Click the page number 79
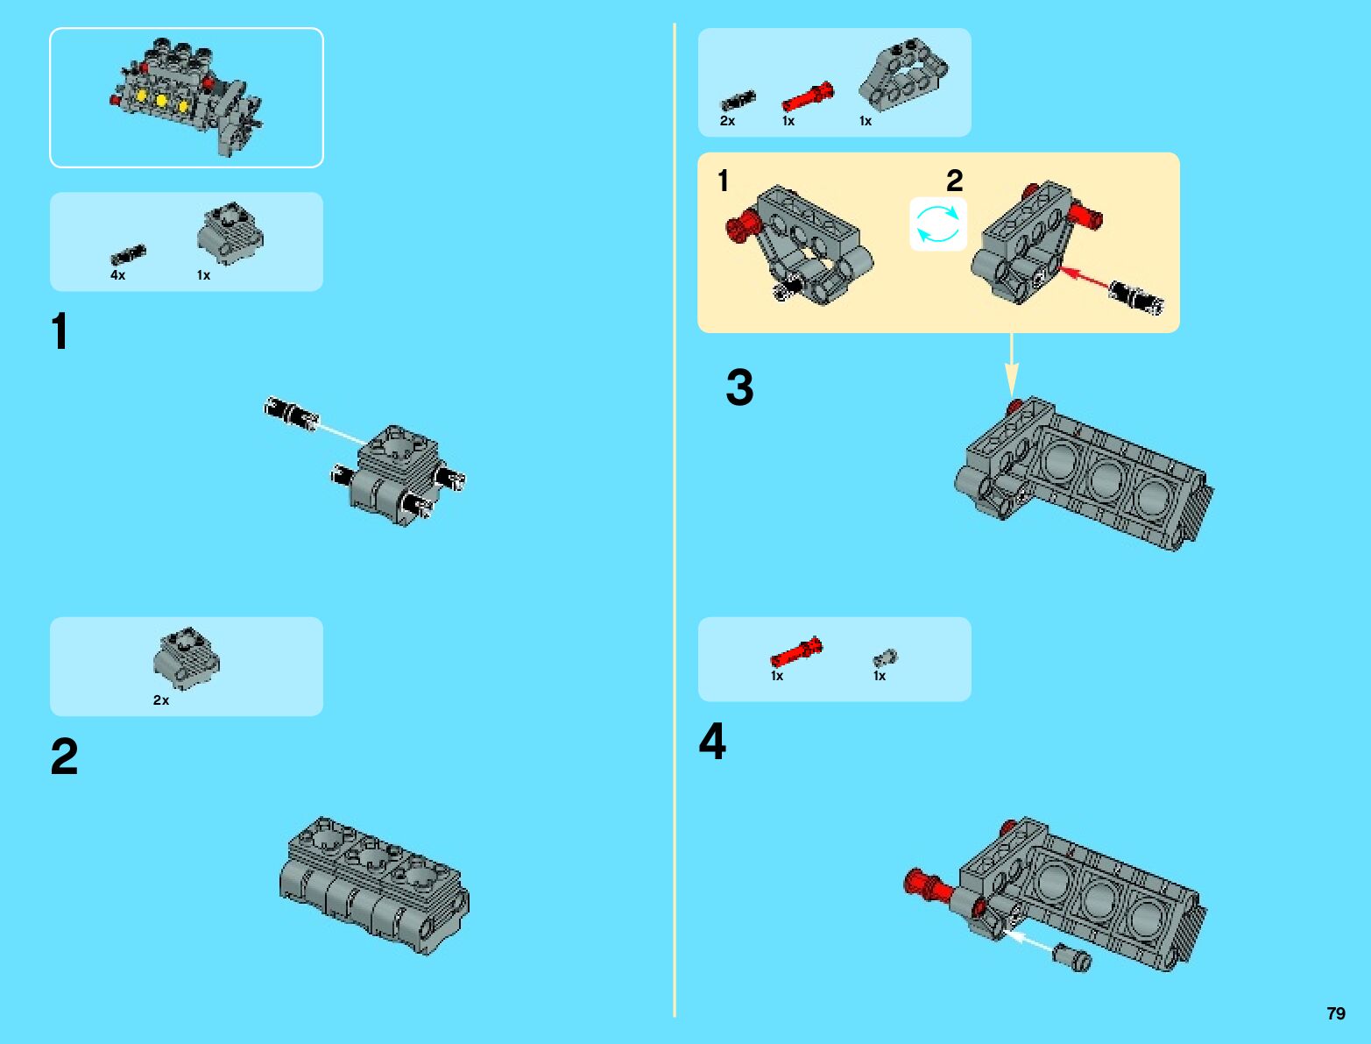(1336, 1013)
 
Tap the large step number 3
(739, 387)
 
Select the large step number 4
(712, 741)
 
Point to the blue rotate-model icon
(937, 224)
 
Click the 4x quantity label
(118, 275)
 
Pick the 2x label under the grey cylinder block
(161, 700)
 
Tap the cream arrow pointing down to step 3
(1011, 365)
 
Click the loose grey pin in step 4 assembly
(1071, 957)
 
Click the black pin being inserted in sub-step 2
(1136, 298)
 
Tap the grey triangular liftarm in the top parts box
(903, 75)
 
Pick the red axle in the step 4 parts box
(796, 651)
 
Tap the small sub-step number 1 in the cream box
(724, 181)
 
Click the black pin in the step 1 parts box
(128, 254)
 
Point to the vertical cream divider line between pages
(675, 520)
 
